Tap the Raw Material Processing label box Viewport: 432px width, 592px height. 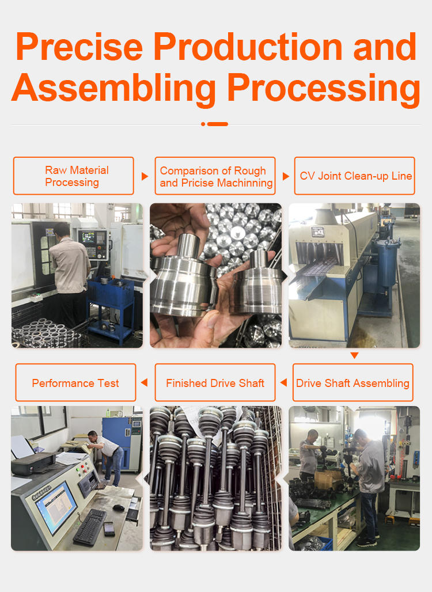click(x=74, y=176)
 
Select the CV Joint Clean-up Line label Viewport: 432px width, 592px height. click(x=355, y=176)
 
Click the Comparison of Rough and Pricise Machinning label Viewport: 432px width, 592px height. click(x=215, y=176)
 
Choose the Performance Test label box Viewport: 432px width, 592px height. click(x=75, y=382)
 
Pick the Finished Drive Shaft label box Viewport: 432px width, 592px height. click(x=215, y=382)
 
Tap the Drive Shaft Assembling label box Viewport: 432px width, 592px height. click(x=353, y=382)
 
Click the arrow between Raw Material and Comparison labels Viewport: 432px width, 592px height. click(x=145, y=176)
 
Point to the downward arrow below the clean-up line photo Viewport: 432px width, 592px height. click(x=354, y=355)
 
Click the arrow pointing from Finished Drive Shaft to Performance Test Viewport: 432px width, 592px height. click(x=144, y=382)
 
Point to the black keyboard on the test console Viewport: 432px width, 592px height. click(x=89, y=527)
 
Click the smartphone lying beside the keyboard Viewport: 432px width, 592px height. click(x=109, y=529)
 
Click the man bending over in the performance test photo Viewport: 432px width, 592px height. click(x=107, y=457)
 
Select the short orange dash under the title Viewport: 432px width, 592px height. click(x=218, y=124)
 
